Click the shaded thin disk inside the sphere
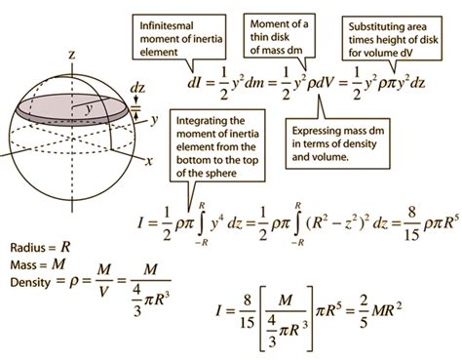coord(68,109)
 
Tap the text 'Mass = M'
coord(29,263)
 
